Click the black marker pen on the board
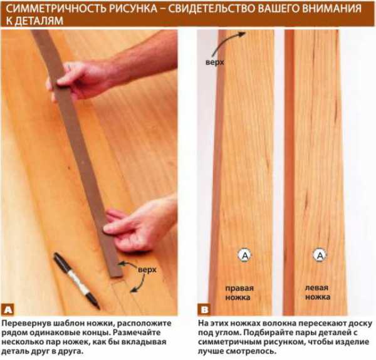pos(76,280)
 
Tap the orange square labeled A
pos(8,310)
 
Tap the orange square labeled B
pos(204,310)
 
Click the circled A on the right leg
pos(244,255)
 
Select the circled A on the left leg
pos(320,255)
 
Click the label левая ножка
pos(318,292)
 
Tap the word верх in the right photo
pos(214,62)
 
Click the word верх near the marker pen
pos(147,270)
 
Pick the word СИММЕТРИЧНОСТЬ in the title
pos(57,9)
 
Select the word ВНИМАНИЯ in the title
pos(332,9)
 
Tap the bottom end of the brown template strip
pos(117,276)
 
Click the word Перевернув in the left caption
pos(24,323)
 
